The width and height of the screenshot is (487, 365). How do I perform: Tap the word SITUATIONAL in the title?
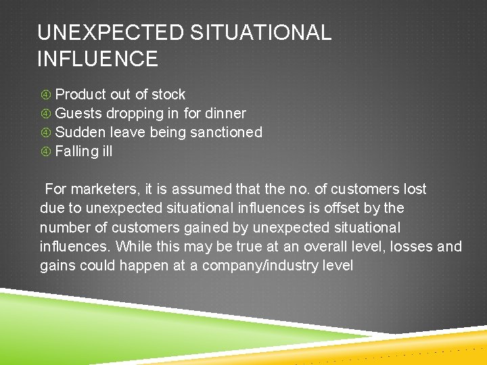260,32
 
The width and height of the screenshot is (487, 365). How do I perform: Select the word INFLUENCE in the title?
97,59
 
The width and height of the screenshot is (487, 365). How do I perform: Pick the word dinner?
225,114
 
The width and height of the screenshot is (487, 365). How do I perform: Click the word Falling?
76,151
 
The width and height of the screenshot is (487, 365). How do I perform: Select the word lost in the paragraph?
413,189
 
